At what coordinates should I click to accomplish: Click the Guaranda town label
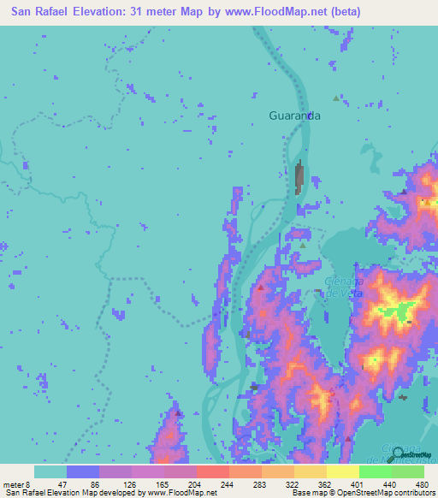pos(294,116)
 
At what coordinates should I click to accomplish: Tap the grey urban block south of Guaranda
pos(299,178)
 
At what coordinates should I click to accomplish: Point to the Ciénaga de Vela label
pos(346,287)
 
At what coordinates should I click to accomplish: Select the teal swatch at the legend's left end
pos(50,471)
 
